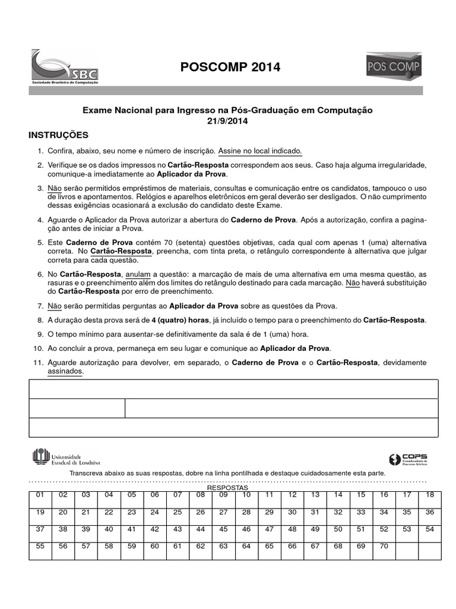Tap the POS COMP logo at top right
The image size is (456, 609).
point(394,67)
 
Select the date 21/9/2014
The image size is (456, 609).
point(227,121)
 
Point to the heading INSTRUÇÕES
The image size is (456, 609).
point(59,135)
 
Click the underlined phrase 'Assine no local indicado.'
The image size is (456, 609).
point(260,151)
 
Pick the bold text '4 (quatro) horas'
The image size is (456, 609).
point(178,320)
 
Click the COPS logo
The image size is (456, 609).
point(407,459)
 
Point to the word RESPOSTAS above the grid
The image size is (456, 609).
point(227,487)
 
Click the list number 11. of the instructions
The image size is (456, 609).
point(39,363)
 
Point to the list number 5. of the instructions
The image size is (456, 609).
point(40,243)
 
